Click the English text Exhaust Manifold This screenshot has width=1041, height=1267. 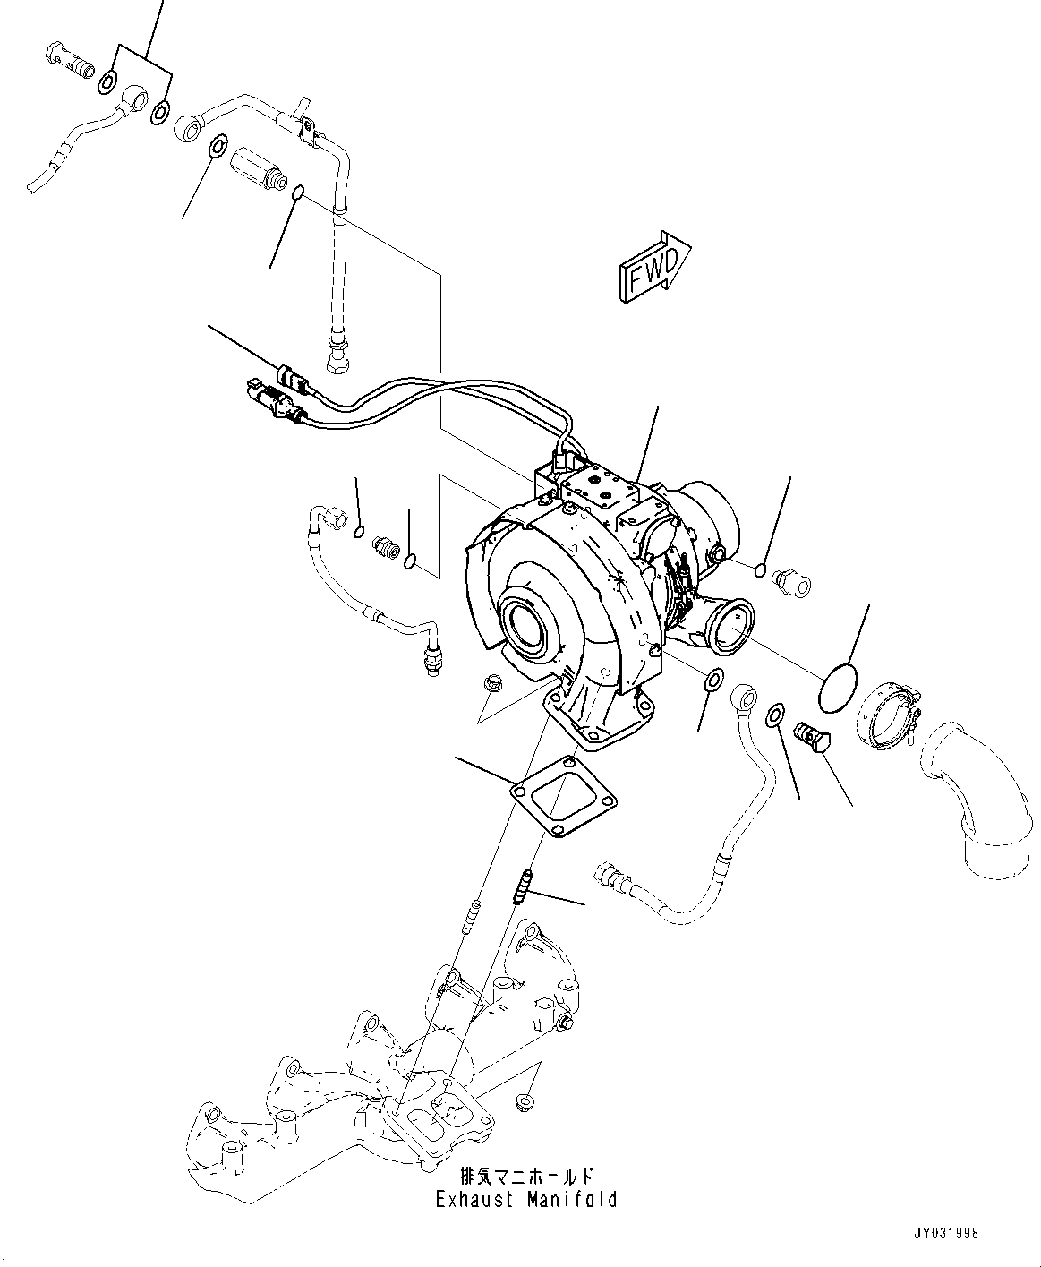pyautogui.click(x=526, y=1198)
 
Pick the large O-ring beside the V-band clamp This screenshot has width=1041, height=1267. pyautogui.click(x=838, y=688)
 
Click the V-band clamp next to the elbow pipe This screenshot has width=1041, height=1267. pyautogui.click(x=887, y=715)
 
